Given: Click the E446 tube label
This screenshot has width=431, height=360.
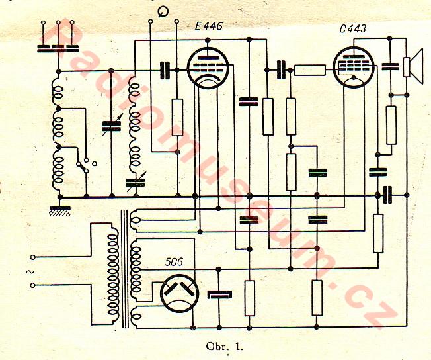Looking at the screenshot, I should pos(209,27).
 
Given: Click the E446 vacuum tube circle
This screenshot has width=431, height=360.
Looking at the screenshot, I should pos(208,67).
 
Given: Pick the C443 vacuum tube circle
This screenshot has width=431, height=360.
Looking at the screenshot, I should pos(354,67).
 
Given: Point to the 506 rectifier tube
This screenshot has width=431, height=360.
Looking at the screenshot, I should pos(180,292).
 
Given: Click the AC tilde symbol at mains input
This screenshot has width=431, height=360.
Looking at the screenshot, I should pos(28,271).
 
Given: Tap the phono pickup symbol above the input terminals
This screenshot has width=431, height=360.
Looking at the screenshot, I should pos(163,11).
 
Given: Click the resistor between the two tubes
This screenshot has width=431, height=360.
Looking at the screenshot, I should pos(309,68).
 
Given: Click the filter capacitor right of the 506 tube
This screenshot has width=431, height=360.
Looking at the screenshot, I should pos(217,294).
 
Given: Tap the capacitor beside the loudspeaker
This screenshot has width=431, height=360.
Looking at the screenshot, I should pos(390,66).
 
